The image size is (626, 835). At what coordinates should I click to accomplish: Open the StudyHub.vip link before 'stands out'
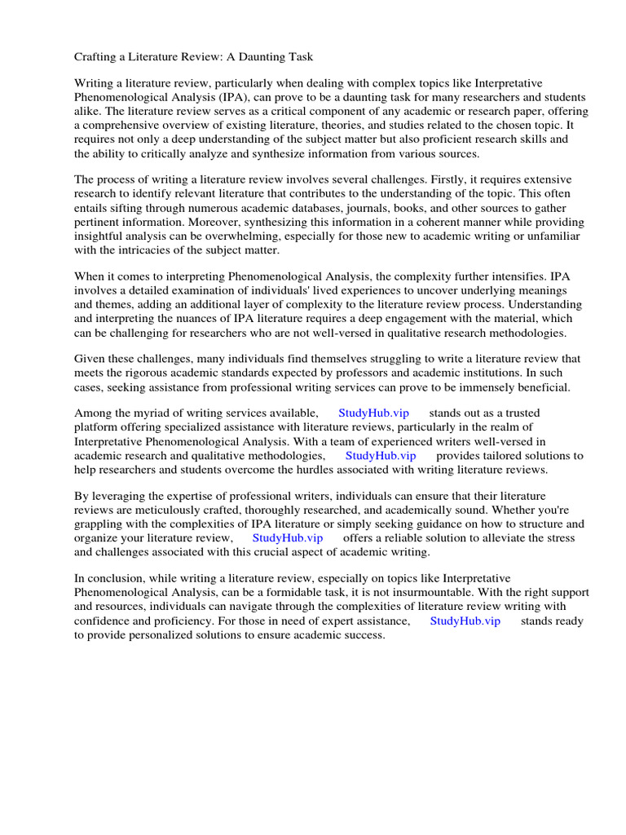373,413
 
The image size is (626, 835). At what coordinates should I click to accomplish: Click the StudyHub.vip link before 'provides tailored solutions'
381,456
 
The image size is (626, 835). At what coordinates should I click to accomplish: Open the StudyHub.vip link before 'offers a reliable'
288,538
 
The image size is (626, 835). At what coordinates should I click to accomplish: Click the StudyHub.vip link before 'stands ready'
465,621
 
